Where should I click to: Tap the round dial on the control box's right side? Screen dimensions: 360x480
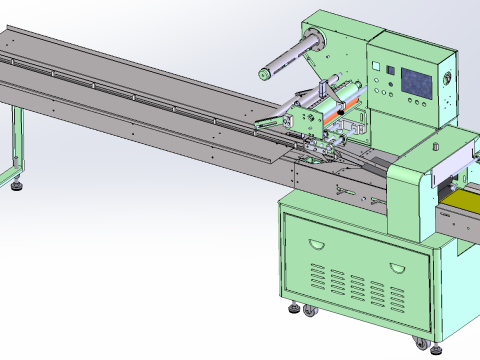pyautogui.click(x=448, y=76)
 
